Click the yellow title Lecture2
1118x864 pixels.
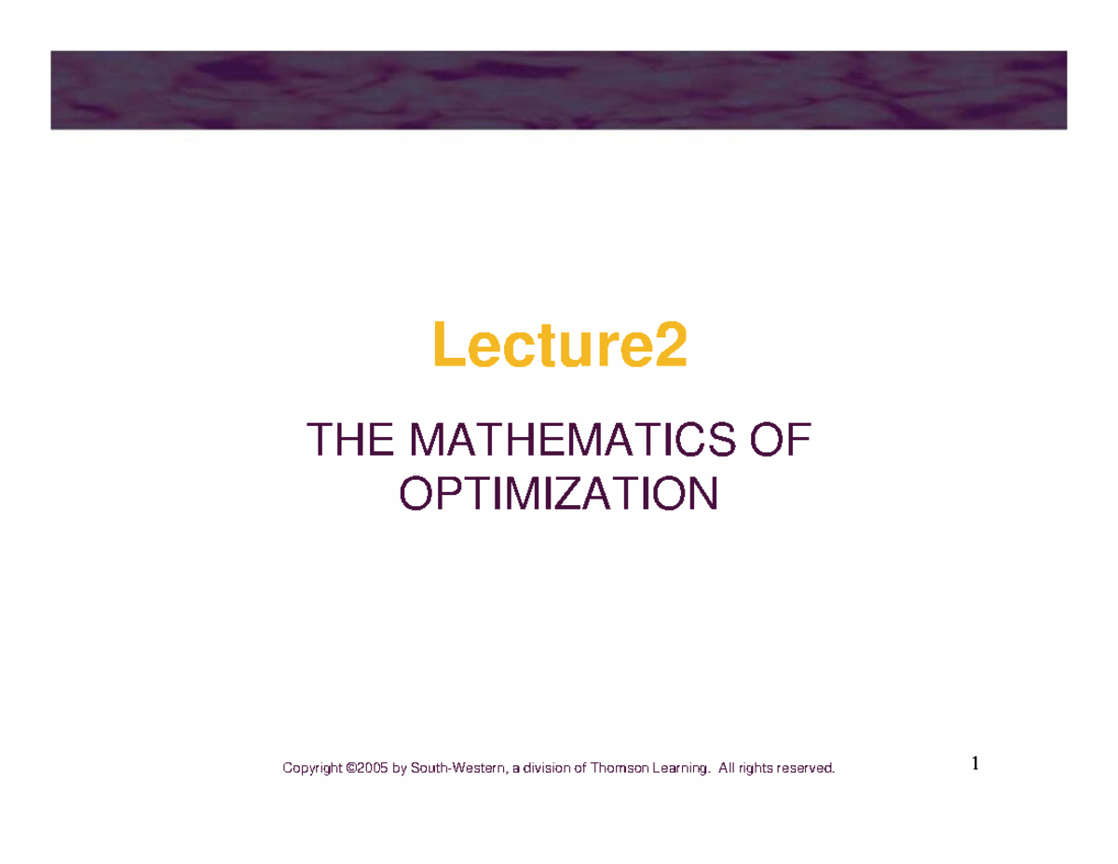(559, 344)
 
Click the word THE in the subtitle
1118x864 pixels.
(350, 439)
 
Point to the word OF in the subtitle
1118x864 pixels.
(781, 439)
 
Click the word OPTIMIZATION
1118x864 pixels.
(559, 493)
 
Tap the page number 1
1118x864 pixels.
(975, 763)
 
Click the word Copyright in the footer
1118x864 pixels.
(312, 768)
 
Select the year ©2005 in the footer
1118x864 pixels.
(367, 768)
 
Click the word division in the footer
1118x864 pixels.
(546, 768)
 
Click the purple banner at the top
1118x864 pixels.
(559, 90)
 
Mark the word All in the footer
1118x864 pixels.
(727, 768)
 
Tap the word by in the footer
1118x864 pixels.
(400, 768)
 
